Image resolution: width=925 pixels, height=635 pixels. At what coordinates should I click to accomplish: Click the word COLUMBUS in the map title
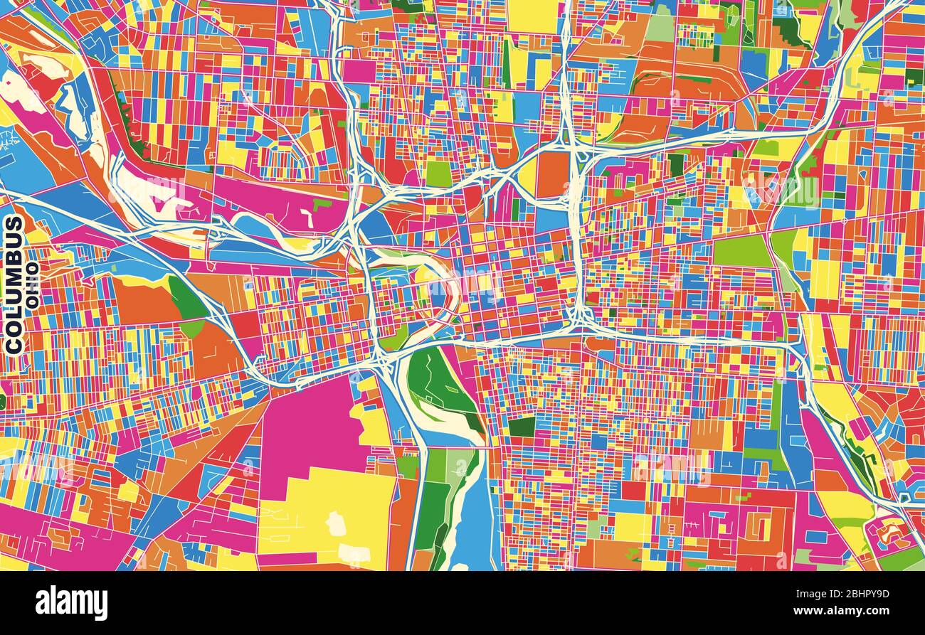pos(14,284)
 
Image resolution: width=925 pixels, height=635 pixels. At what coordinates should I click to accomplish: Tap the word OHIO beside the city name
pos(31,284)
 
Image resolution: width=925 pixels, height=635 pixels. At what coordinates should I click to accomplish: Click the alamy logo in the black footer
pos(71,603)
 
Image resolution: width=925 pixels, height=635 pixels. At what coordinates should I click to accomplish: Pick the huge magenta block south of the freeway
pos(306,434)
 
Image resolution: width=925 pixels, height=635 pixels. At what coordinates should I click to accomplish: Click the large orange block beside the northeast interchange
pos(552,175)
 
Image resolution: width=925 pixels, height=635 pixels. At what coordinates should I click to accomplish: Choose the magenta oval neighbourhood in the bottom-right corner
pos(887,533)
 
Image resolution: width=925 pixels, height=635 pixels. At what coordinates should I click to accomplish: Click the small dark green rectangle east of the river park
pos(522,427)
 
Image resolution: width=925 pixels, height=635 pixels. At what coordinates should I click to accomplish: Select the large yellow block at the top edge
pos(532,16)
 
